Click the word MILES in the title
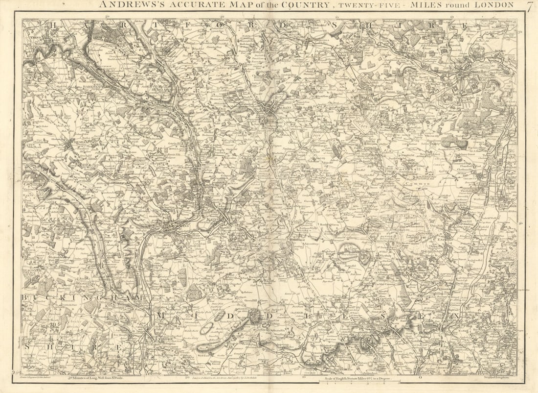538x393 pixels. (434, 5)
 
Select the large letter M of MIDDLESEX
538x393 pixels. (160, 317)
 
